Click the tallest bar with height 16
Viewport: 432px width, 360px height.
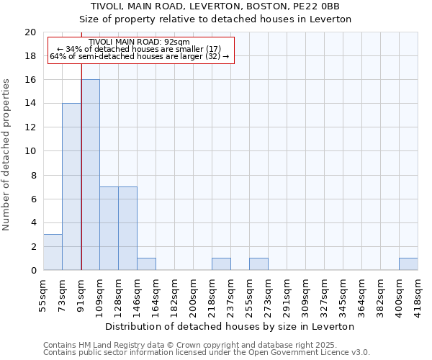(x=90, y=175)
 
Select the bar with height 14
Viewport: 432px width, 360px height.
(x=71, y=186)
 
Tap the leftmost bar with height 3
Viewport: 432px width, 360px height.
(x=53, y=252)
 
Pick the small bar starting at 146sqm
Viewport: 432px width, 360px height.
(x=146, y=264)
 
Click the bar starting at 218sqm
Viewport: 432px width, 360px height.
(x=221, y=264)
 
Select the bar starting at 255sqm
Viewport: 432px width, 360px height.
(x=258, y=264)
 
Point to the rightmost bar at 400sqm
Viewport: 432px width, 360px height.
(x=408, y=264)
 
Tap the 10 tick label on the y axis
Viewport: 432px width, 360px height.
(x=30, y=151)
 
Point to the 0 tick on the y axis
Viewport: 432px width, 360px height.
(x=33, y=270)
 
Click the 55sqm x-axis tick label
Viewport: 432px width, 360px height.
(x=43, y=292)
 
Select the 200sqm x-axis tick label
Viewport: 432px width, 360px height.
(x=193, y=292)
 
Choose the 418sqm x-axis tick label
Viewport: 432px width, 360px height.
(x=418, y=292)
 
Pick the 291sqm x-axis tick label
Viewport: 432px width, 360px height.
(x=287, y=292)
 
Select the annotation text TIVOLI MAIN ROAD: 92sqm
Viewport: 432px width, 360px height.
(x=140, y=42)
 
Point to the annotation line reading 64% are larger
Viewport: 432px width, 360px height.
(x=140, y=56)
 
